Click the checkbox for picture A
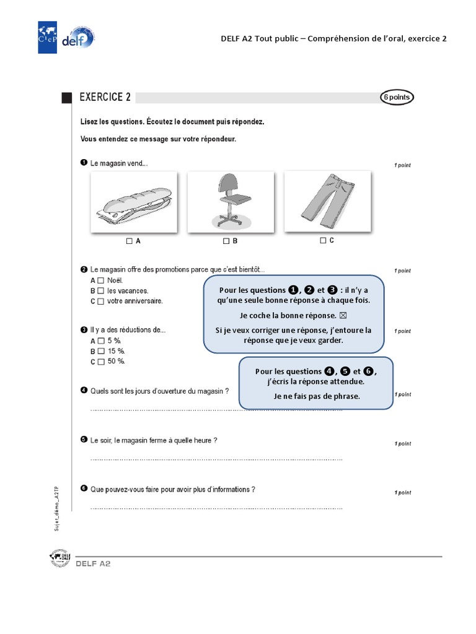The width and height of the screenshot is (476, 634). [129, 241]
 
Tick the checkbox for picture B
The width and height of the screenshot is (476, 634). [226, 241]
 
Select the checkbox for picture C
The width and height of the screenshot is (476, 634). [323, 240]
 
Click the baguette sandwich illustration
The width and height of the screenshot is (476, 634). [133, 203]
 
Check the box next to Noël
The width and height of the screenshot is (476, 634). [100, 280]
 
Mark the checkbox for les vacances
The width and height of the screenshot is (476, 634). [100, 291]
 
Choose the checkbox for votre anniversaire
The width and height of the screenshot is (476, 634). [100, 302]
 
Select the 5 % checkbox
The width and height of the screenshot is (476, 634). [100, 341]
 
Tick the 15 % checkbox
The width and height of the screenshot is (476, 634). [100, 351]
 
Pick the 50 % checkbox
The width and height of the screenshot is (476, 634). [100, 362]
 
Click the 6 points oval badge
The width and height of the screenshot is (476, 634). [396, 97]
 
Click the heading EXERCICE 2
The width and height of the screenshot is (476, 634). [105, 97]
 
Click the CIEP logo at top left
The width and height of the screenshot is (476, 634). [48, 37]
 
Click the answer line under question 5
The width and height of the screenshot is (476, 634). [216, 459]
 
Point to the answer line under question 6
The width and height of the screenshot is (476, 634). [216, 508]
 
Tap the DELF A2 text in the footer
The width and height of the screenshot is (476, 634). [93, 564]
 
